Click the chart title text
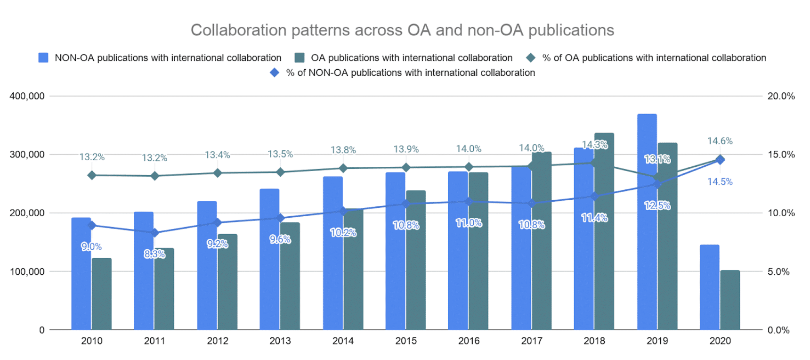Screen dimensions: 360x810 402,30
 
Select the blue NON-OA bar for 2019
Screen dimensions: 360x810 647,221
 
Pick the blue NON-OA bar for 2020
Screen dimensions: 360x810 709,287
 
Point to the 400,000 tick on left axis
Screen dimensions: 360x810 27,96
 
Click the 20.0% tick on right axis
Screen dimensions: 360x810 781,96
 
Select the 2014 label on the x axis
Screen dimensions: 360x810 343,341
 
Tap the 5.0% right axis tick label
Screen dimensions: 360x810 778,271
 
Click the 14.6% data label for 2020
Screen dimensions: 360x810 720,141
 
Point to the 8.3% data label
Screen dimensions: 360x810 154,254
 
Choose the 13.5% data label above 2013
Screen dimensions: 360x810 280,154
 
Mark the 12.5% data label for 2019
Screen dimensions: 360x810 657,205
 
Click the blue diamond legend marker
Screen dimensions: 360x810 275,73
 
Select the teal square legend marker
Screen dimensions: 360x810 300,57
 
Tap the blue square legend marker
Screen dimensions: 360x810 43,57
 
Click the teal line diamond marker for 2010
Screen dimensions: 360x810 92,175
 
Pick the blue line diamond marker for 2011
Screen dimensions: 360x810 154,233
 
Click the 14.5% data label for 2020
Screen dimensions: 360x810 720,181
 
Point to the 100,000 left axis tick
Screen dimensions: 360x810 27,271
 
